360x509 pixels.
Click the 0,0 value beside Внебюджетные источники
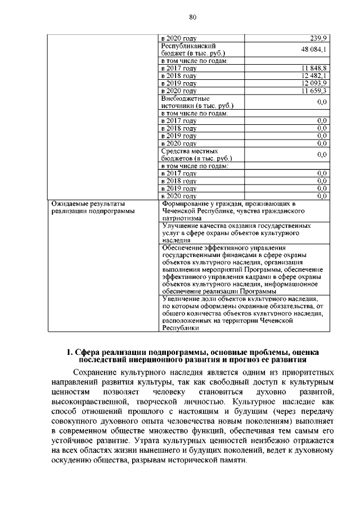point(322,102)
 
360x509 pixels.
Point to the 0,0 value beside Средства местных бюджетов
point(322,154)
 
